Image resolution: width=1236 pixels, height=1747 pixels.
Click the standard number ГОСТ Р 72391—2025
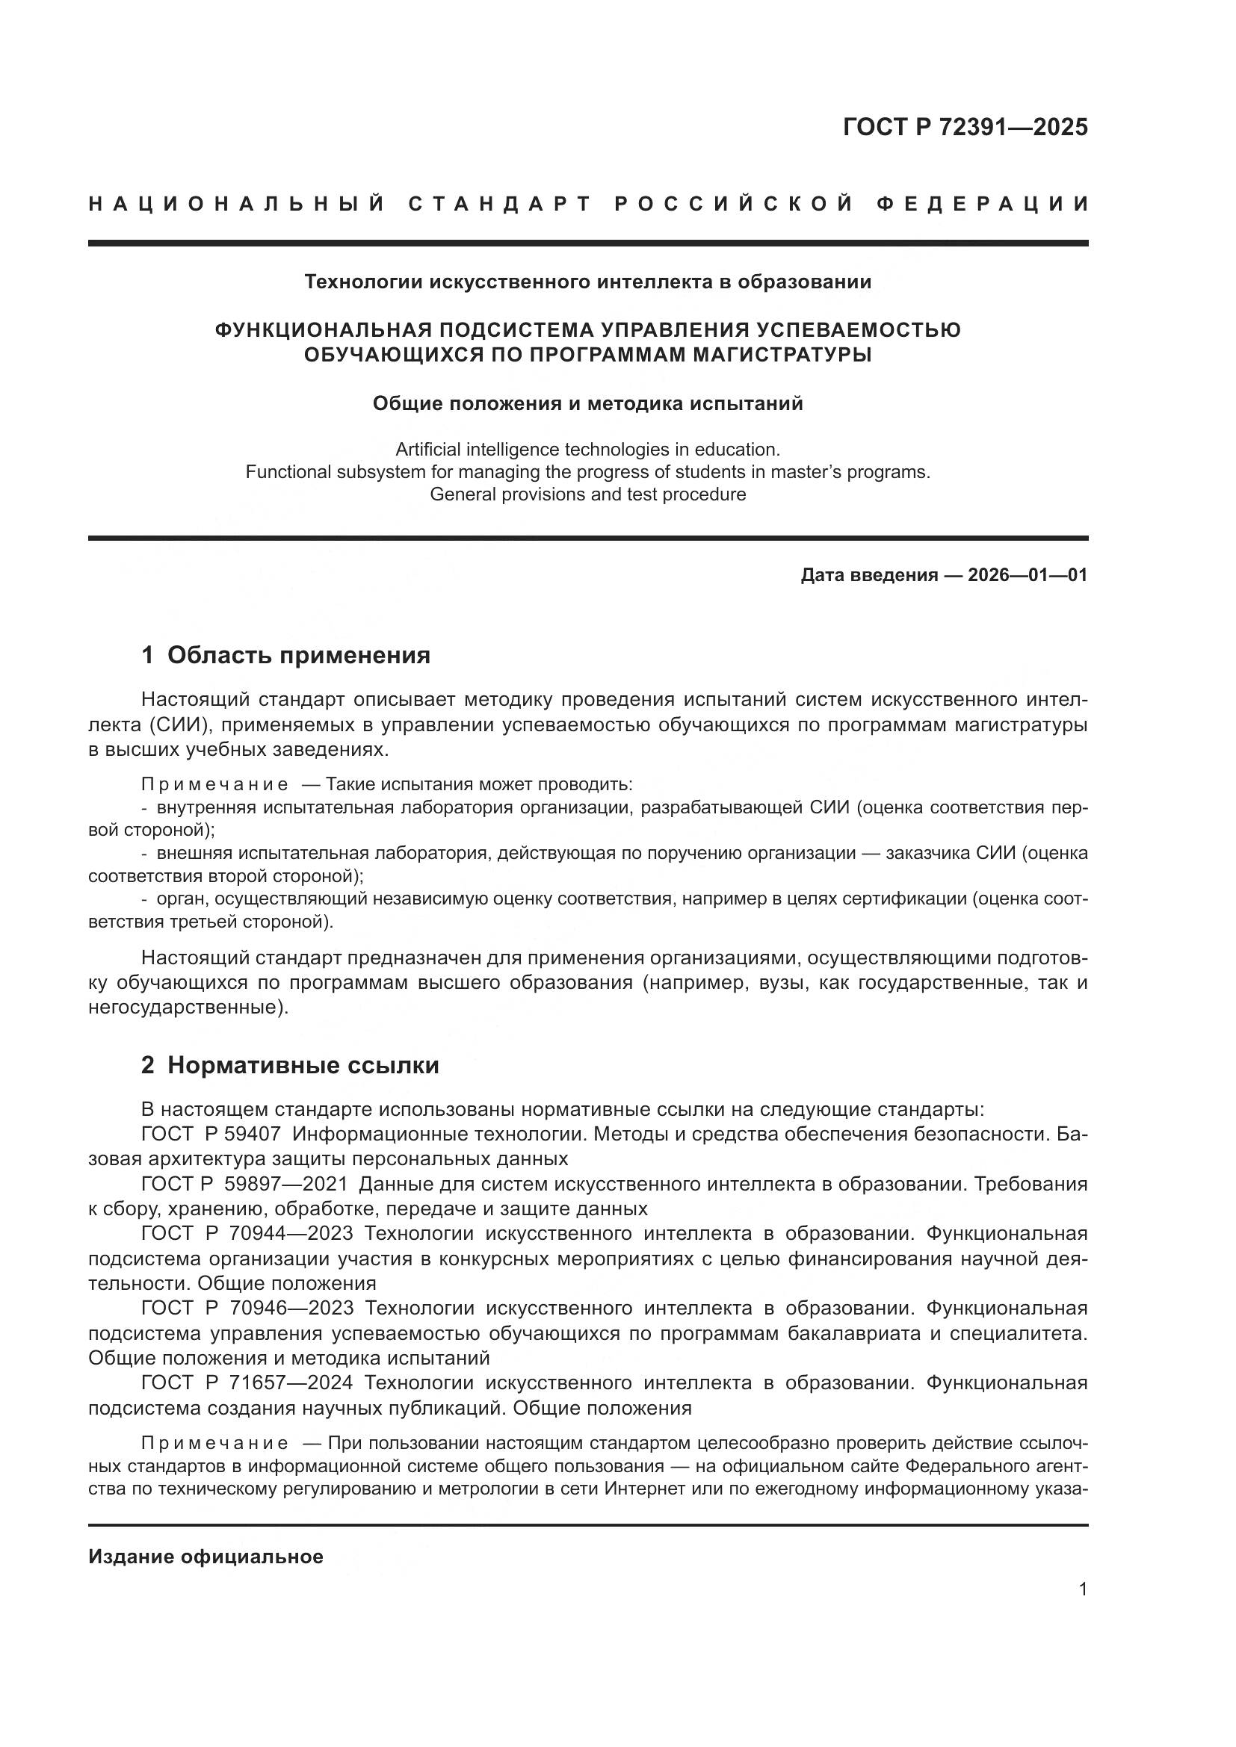(x=965, y=127)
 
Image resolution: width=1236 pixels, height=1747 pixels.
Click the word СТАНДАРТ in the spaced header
(x=500, y=204)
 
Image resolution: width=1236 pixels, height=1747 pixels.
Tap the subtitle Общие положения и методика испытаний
(x=587, y=403)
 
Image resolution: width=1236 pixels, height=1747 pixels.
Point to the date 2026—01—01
(x=1028, y=575)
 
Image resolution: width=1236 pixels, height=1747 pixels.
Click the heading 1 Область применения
(x=286, y=655)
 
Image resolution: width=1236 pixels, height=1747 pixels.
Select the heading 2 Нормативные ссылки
(x=290, y=1066)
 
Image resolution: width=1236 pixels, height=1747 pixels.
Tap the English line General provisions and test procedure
(x=587, y=494)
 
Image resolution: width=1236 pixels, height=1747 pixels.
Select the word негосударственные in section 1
(x=186, y=1008)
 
